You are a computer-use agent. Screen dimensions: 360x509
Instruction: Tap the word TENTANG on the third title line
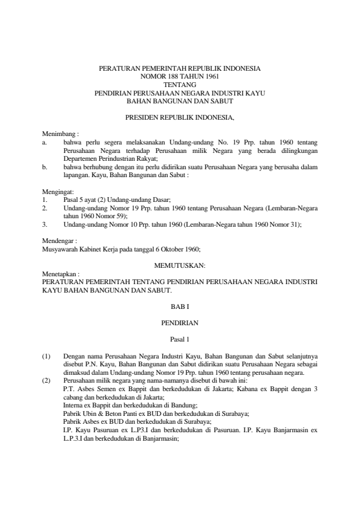pos(180,85)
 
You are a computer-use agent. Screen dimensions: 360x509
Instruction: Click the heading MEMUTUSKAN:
pos(180,265)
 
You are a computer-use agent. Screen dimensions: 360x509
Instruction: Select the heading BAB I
pos(180,307)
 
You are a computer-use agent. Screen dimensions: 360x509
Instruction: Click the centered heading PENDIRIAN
pos(180,323)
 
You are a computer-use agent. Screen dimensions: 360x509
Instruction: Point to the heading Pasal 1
pos(180,340)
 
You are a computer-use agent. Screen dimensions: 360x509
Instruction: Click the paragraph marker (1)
pos(46,357)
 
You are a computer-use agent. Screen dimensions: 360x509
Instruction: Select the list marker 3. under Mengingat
pos(44,224)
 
